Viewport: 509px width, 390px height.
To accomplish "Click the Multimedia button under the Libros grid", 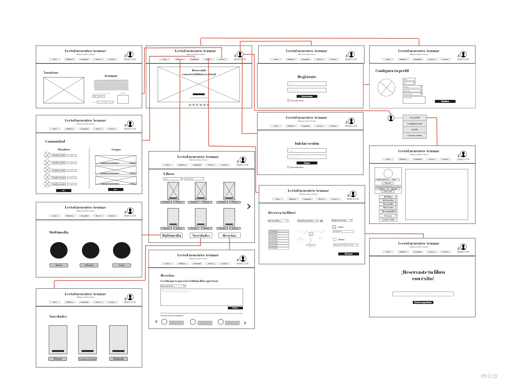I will [172, 235].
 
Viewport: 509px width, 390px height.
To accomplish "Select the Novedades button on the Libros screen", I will [201, 235].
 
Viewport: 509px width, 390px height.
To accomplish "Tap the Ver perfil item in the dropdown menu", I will [414, 118].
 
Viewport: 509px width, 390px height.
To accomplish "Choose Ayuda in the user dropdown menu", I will [414, 129].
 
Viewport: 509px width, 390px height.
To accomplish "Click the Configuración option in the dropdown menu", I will [414, 124].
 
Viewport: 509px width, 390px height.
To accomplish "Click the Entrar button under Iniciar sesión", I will [307, 163].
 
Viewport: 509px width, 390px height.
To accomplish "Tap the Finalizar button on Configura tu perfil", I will [445, 101].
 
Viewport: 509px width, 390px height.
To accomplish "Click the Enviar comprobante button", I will [423, 302].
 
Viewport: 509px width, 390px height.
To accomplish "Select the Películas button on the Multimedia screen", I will [89, 265].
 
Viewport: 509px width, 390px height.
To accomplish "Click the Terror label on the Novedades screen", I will [58, 359].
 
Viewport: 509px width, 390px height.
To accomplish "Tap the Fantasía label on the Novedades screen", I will [118, 359].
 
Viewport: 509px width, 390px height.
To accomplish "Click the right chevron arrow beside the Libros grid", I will [249, 206].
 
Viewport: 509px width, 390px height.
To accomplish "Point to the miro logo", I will [489, 376].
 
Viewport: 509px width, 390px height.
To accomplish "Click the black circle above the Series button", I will [122, 250].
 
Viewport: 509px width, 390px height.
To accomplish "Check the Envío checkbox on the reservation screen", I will [334, 227].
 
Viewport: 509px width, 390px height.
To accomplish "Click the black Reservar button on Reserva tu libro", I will [348, 254].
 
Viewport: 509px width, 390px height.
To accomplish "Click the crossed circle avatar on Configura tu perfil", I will [386, 88].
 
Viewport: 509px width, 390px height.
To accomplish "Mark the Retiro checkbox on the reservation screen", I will [335, 240].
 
